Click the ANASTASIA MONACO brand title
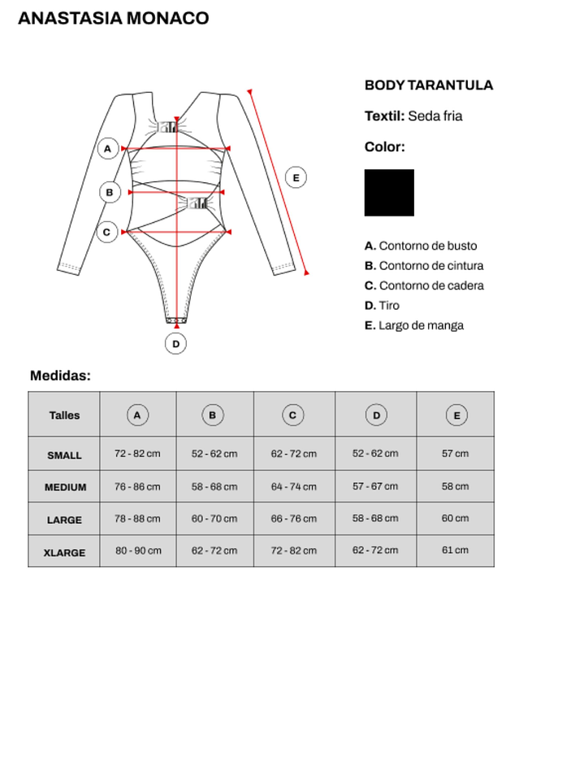click(113, 18)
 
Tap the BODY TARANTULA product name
click(428, 85)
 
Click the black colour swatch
click(389, 193)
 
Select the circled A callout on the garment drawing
click(107, 149)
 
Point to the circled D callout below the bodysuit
click(175, 343)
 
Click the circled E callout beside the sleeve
click(296, 177)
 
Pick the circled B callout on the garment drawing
click(110, 192)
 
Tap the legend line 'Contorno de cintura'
click(430, 266)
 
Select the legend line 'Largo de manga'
click(421, 325)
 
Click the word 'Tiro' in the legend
click(389, 306)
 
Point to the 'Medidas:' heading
click(60, 376)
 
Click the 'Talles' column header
click(64, 415)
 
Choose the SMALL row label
click(64, 455)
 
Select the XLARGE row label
click(64, 552)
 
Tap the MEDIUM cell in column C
click(293, 486)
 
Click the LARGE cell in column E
click(455, 518)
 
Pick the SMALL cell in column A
click(137, 453)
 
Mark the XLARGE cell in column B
click(214, 551)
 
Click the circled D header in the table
click(375, 415)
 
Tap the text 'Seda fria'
click(435, 116)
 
